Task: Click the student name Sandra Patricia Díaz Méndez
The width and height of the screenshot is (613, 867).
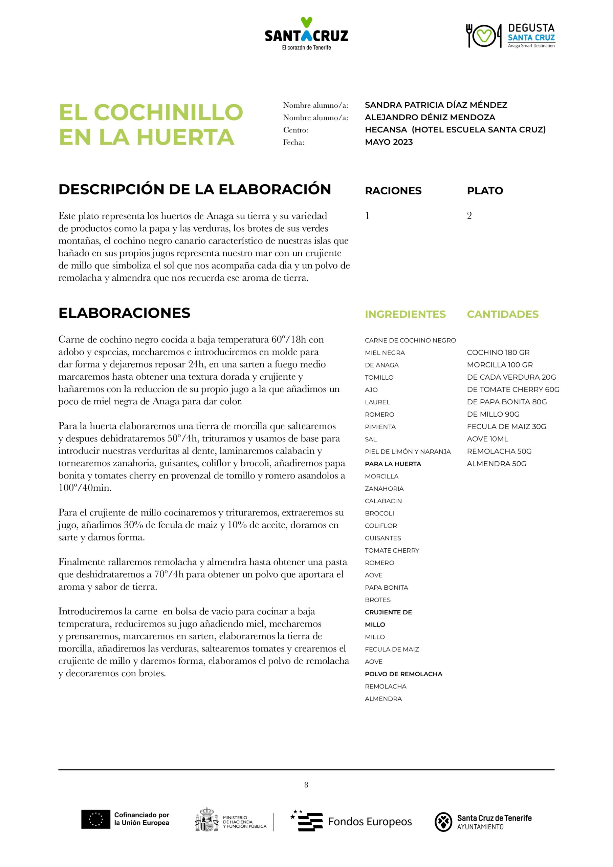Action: tap(436, 105)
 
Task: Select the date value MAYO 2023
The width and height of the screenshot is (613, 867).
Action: tap(389, 142)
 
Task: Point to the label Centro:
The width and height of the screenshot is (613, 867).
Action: tap(295, 130)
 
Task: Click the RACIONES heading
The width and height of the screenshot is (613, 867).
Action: tap(393, 191)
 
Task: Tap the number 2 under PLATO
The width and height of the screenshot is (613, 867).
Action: tap(469, 216)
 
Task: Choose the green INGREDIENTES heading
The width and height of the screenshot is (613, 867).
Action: tap(405, 314)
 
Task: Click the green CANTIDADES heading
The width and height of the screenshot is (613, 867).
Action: tap(502, 314)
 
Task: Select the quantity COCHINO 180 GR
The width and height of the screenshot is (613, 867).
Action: tap(498, 352)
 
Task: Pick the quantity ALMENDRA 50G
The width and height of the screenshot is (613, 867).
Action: tap(496, 463)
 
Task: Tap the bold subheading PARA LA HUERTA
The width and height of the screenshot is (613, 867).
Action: tap(393, 464)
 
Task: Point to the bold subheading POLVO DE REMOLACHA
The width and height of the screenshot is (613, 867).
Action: tap(403, 674)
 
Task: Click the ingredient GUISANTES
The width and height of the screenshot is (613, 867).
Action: tap(383, 538)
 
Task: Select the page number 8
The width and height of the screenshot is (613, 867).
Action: tap(306, 785)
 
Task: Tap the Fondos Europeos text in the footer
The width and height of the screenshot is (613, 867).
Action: tap(370, 822)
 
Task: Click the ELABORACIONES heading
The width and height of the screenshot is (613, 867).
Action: tap(124, 313)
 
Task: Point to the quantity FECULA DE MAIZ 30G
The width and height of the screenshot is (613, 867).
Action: tap(506, 426)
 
